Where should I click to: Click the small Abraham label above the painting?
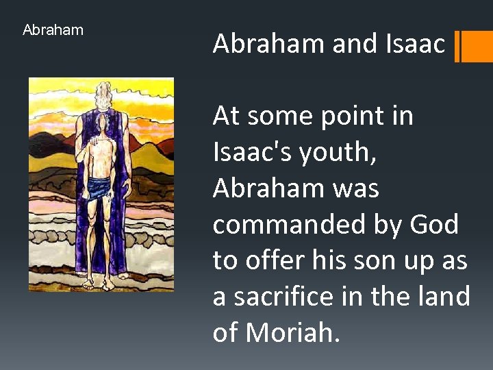tap(53, 30)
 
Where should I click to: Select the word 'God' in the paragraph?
tap(435, 224)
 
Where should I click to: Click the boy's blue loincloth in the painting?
tap(101, 186)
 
